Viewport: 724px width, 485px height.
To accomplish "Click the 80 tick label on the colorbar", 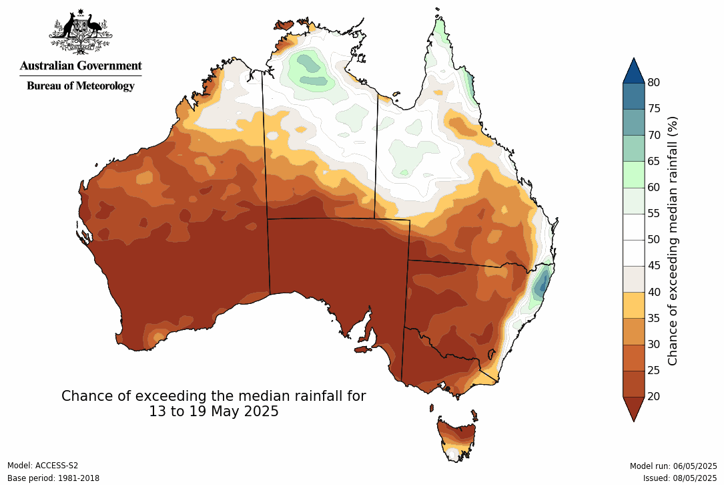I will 655,82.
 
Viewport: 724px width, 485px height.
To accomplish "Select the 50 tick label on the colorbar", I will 655,239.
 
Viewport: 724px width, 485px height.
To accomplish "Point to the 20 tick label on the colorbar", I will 655,396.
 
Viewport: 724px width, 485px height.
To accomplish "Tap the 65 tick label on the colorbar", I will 655,161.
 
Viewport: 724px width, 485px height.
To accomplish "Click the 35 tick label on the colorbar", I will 655,318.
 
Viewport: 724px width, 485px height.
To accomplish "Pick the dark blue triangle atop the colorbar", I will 633,69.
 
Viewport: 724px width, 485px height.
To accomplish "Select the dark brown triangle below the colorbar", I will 633,408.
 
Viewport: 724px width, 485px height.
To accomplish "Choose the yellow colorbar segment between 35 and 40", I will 633,305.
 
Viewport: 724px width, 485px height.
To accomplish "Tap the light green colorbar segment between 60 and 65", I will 633,174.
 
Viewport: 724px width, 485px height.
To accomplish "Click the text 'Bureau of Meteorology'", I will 81,86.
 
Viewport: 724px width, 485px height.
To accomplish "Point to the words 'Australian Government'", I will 81,65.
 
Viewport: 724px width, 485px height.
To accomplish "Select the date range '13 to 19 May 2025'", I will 214,412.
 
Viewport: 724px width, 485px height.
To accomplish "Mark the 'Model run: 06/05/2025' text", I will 673,466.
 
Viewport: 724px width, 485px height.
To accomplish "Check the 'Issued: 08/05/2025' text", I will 679,478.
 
